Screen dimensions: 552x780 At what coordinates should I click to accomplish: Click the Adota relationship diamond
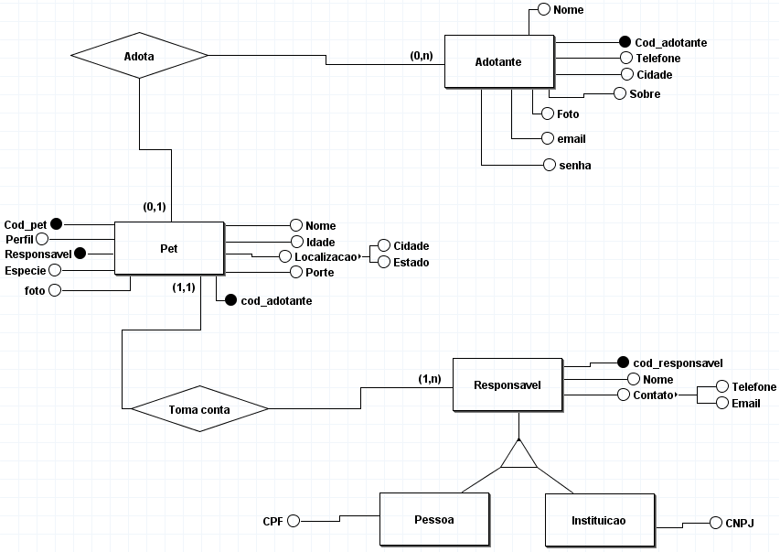[139, 57]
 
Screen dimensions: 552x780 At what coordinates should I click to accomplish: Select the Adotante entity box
[498, 62]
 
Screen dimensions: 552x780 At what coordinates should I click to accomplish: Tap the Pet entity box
[169, 247]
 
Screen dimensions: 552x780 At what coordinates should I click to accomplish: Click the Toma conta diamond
[199, 408]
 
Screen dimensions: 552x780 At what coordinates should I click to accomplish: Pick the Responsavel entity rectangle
[507, 385]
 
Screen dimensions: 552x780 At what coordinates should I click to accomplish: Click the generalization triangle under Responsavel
[518, 455]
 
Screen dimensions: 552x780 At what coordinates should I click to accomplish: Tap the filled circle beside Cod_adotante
[625, 42]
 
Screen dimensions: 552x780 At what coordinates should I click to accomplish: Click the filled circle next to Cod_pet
[56, 224]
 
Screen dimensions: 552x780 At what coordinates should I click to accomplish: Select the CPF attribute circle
[294, 521]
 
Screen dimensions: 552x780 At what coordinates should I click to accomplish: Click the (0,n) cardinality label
[422, 56]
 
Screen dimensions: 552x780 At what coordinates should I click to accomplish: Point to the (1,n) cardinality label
[430, 378]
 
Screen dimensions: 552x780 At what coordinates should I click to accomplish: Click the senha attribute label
[576, 166]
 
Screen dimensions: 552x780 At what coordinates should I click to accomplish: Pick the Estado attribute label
[411, 263]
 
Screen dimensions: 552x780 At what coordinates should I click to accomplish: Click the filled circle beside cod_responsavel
[624, 363]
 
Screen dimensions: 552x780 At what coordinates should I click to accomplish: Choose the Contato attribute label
[651, 395]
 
